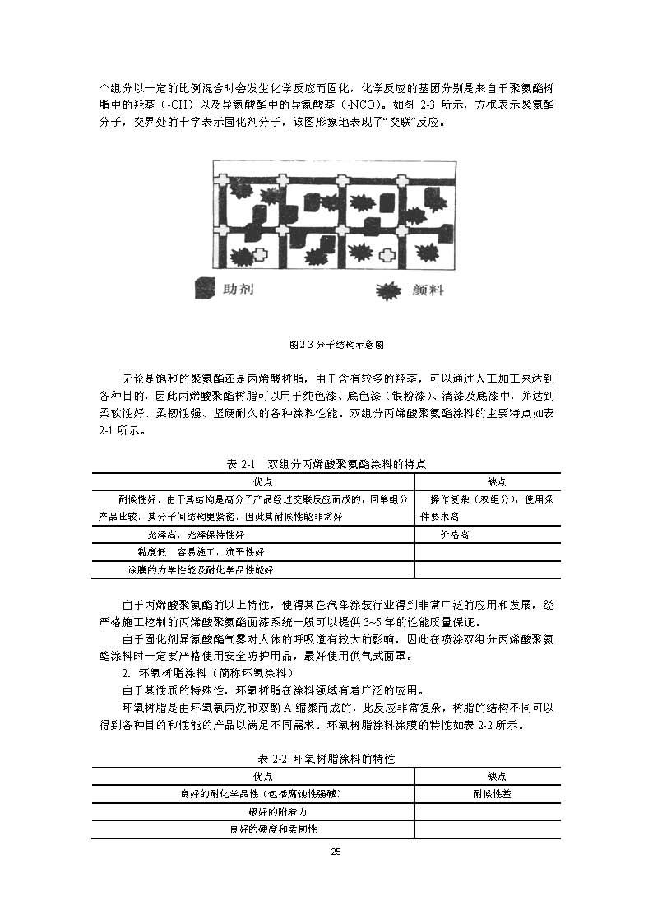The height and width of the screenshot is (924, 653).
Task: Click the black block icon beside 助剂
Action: click(203, 290)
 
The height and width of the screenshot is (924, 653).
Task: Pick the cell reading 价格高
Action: click(455, 534)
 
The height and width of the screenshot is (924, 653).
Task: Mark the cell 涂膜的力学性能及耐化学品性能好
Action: click(200, 569)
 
